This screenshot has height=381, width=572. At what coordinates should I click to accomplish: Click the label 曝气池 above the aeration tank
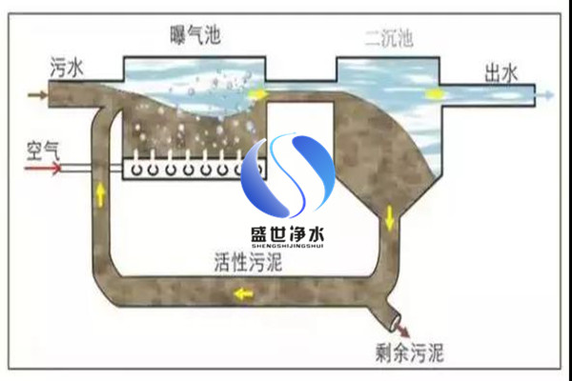pyautogui.click(x=195, y=35)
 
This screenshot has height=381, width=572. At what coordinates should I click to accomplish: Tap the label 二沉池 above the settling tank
pyautogui.click(x=389, y=38)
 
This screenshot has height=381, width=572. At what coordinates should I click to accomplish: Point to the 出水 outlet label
pyautogui.click(x=500, y=73)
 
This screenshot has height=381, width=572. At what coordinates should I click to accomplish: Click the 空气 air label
pyautogui.click(x=43, y=150)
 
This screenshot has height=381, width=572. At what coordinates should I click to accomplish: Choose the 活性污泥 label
pyautogui.click(x=248, y=261)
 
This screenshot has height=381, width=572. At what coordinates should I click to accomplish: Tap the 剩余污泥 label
pyautogui.click(x=409, y=352)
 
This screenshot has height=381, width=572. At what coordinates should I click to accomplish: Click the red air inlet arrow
pyautogui.click(x=43, y=169)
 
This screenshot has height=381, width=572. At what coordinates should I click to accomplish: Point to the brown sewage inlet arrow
pyautogui.click(x=37, y=95)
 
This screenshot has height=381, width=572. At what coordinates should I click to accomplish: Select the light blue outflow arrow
pyautogui.click(x=544, y=95)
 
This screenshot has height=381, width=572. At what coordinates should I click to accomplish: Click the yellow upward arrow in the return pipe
pyautogui.click(x=100, y=194)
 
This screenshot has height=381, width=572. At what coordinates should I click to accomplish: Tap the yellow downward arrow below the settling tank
pyautogui.click(x=390, y=218)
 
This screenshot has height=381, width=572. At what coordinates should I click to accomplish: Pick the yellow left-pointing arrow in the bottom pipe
pyautogui.click(x=243, y=293)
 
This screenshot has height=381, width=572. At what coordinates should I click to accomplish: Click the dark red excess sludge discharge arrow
pyautogui.click(x=402, y=330)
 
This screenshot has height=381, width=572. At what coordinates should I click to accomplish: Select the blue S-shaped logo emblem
pyautogui.click(x=288, y=175)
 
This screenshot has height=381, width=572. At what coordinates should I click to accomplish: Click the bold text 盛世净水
pyautogui.click(x=288, y=233)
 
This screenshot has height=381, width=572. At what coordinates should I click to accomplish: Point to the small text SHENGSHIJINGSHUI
pyautogui.click(x=288, y=246)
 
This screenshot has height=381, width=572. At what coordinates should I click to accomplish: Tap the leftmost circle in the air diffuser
pyautogui.click(x=136, y=170)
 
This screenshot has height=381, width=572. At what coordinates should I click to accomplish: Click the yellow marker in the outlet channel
pyautogui.click(x=436, y=94)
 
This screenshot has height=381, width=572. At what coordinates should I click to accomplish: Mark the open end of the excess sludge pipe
pyautogui.click(x=397, y=322)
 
